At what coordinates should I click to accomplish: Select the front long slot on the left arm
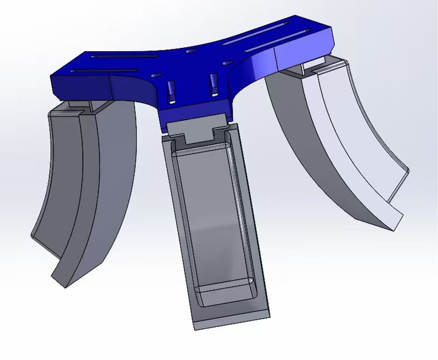coord(104,71)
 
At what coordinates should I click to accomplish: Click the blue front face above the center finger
coord(195,114)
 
